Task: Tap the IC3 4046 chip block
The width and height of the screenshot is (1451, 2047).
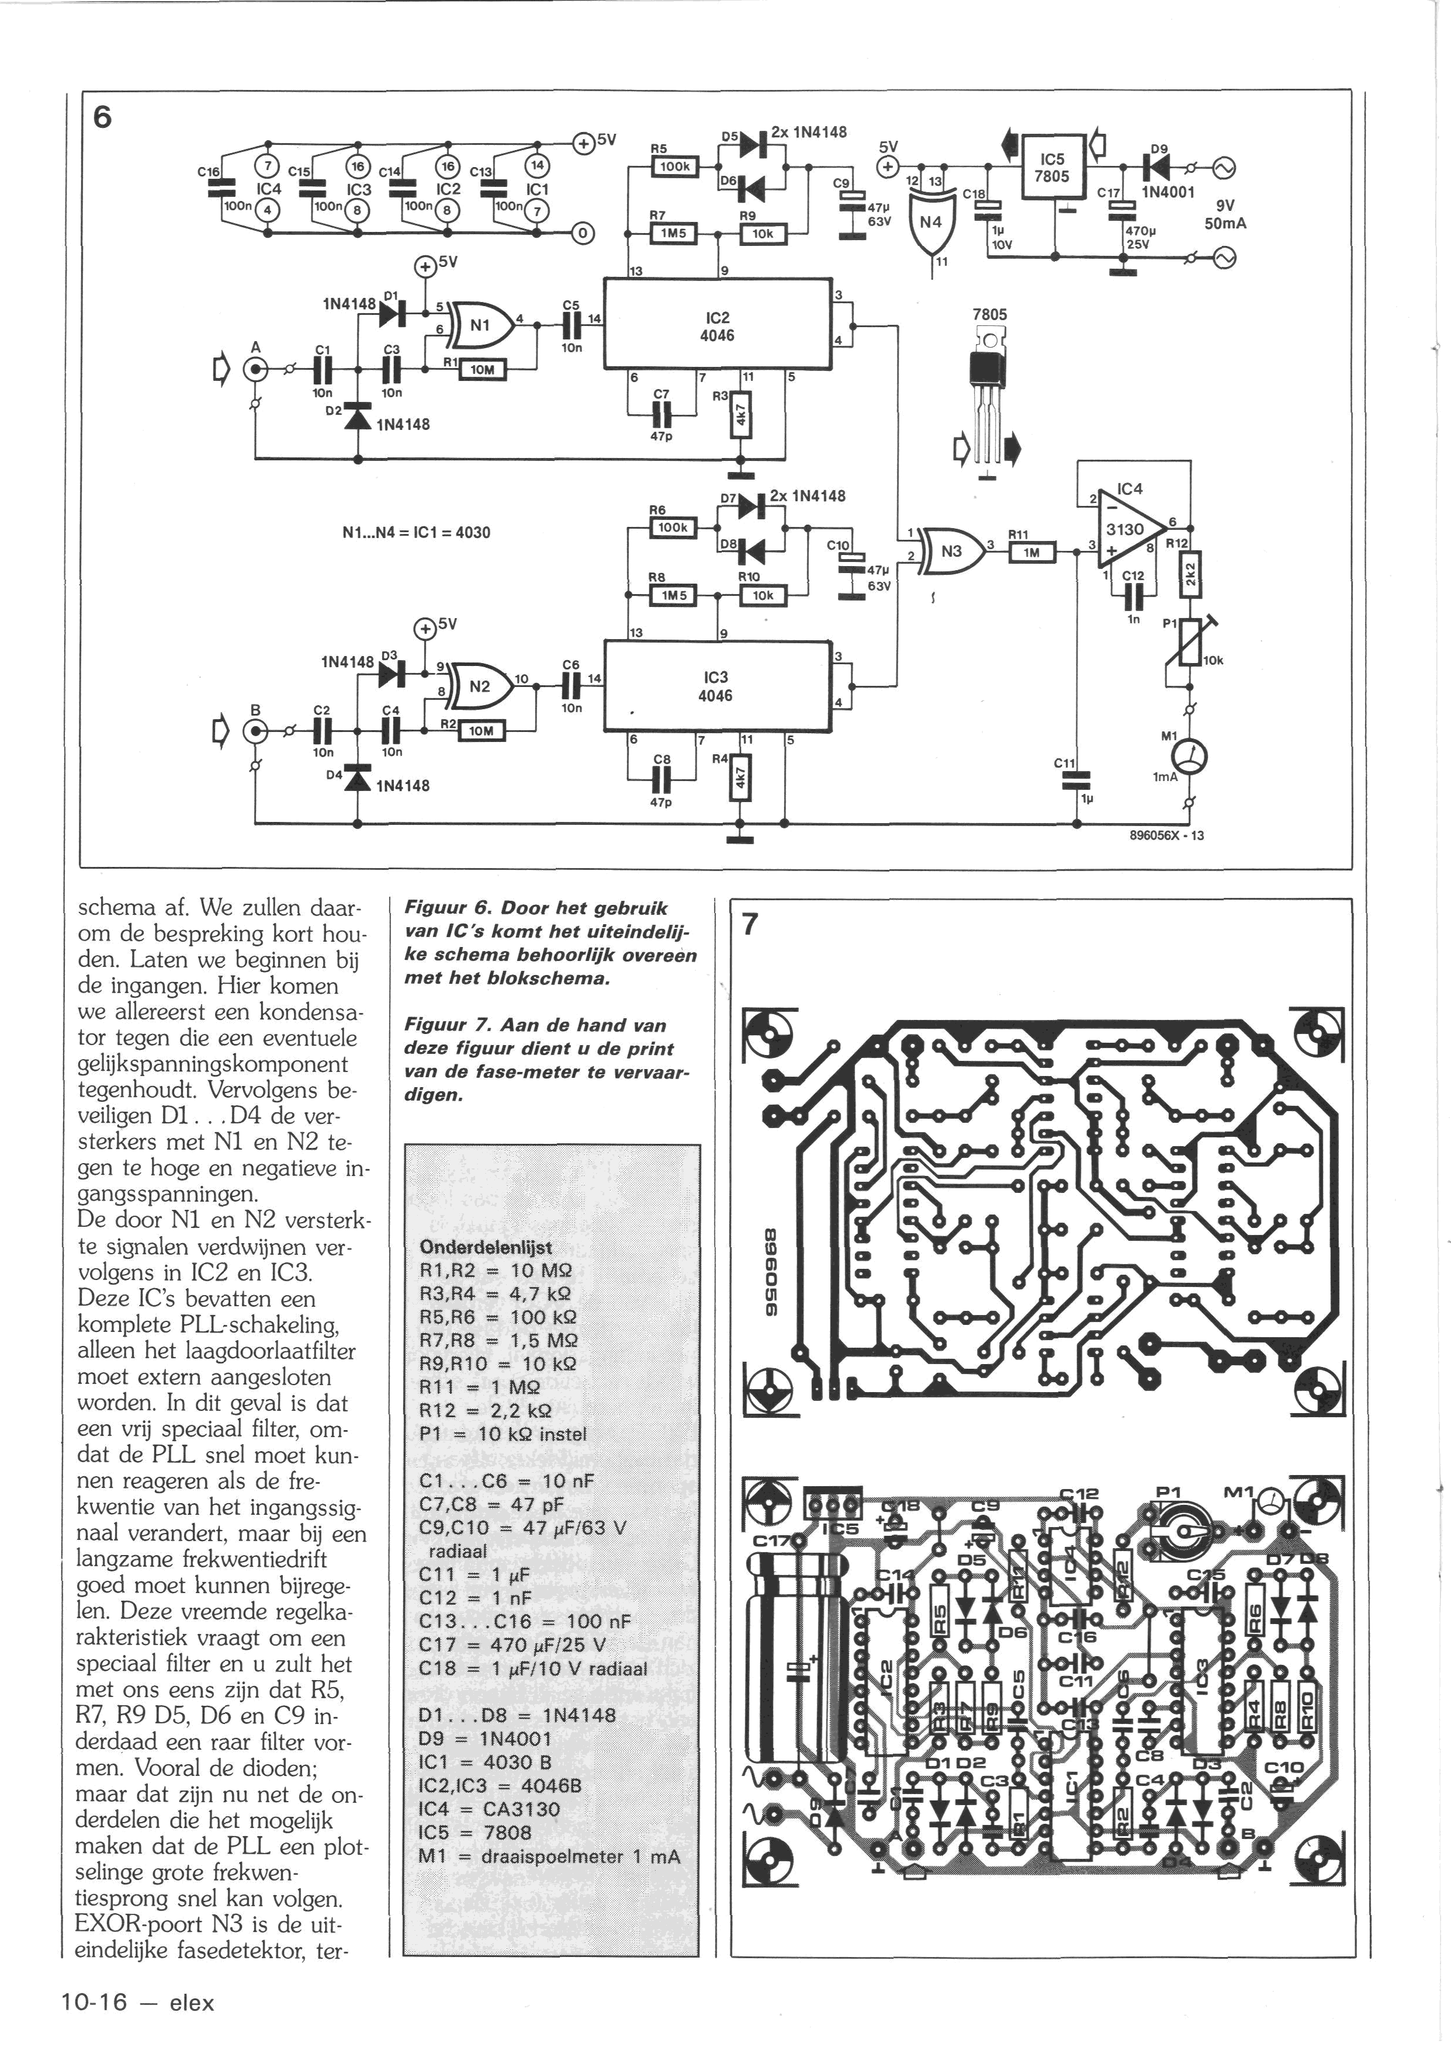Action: [716, 685]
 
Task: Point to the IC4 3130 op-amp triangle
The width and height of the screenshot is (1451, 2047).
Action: [1130, 527]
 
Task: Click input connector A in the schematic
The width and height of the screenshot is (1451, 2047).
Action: [257, 369]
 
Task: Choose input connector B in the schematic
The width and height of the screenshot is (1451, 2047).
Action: [257, 731]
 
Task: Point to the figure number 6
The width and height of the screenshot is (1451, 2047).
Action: [103, 117]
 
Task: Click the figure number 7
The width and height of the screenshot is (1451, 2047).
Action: [750, 924]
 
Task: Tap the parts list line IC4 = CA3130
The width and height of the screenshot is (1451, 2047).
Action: [490, 1809]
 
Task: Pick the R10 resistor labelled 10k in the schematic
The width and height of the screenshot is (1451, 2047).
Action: [761, 595]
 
